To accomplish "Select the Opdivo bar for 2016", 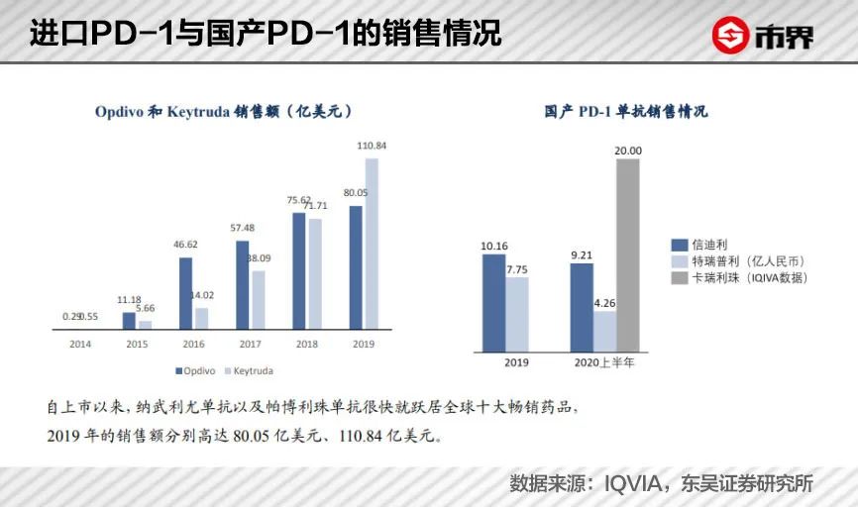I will [x=185, y=292].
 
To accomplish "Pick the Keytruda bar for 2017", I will [x=258, y=298].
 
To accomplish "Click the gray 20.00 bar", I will [x=627, y=254].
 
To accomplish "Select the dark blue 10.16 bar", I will [x=493, y=302].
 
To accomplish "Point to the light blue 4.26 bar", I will [x=604, y=331].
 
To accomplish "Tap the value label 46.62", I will [x=185, y=244].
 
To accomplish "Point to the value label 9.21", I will [x=582, y=253].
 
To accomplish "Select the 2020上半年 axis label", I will [x=604, y=362].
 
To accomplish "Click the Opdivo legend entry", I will [x=197, y=371].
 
